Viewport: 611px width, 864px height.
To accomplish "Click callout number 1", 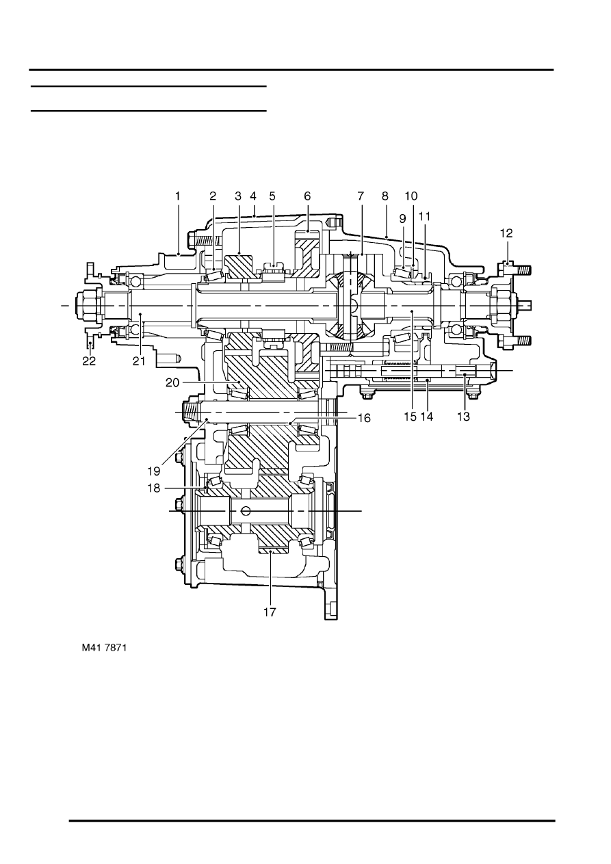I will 177,196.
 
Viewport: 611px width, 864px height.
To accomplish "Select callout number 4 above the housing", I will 254,196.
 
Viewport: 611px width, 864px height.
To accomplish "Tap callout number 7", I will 361,196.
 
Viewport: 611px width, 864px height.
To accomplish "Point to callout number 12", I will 506,233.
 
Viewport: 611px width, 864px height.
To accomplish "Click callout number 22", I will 89,362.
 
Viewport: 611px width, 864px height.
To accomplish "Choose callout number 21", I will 139,362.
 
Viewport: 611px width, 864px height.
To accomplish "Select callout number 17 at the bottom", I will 270,612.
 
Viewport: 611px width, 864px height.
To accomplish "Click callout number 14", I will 427,417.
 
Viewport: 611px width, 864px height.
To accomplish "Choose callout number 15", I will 410,417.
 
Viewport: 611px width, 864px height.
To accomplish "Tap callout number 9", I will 402,217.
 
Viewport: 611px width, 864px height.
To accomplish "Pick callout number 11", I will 425,217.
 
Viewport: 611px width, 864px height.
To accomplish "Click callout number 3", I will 239,196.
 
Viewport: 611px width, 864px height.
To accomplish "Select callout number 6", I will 308,196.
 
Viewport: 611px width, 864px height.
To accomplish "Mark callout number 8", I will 386,196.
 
